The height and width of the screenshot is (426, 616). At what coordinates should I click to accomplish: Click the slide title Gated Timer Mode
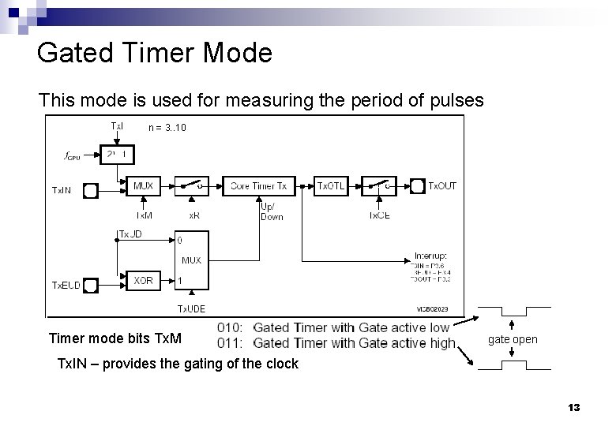[155, 53]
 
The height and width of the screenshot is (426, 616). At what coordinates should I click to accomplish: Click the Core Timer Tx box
[258, 186]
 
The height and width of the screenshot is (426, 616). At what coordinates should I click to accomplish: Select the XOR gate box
[143, 281]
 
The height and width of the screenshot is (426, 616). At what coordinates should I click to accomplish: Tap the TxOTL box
[330, 186]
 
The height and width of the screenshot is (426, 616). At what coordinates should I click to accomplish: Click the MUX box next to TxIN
[143, 186]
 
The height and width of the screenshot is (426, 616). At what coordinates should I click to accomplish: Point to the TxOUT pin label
[442, 186]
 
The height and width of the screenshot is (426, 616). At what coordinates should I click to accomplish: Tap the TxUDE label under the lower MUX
[190, 309]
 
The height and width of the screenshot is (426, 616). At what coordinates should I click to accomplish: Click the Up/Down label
[271, 212]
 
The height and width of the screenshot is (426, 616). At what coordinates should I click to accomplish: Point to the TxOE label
[380, 215]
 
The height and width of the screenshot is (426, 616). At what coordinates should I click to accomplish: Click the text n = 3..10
[167, 127]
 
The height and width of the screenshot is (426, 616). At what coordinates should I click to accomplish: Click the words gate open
[513, 339]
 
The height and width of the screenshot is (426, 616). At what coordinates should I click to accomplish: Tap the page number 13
[573, 408]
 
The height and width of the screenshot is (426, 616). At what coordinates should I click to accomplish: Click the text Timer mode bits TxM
[115, 338]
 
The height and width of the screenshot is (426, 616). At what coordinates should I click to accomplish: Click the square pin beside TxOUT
[415, 187]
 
